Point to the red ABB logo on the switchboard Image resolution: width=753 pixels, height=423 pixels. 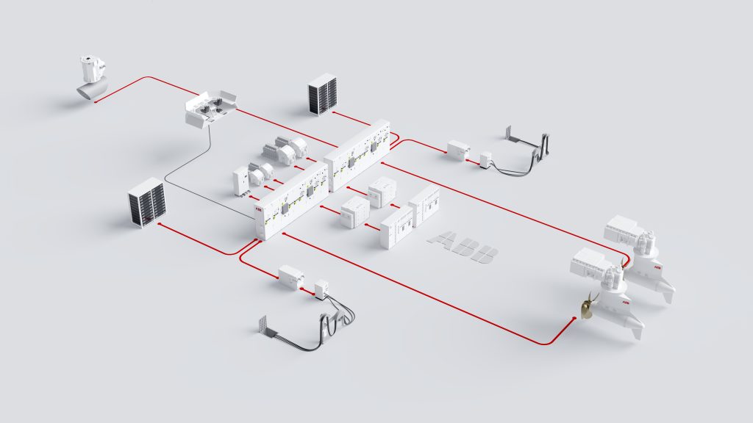[258, 210]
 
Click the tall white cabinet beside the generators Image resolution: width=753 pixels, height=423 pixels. [240, 181]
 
